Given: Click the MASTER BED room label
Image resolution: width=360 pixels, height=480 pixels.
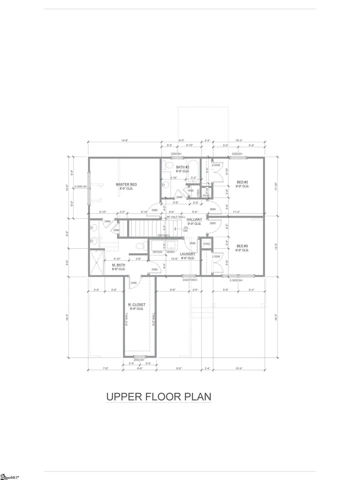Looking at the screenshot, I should point(126,184).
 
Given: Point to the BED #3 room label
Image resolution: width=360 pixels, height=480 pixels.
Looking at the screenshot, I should point(242,246).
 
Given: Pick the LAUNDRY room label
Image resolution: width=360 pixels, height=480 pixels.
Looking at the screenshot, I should point(187,254).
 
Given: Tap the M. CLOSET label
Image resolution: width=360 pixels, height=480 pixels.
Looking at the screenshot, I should point(136,305).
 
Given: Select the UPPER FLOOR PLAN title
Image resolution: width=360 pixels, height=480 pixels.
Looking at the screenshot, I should point(158,397).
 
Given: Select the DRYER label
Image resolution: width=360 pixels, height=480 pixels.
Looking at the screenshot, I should point(157,252).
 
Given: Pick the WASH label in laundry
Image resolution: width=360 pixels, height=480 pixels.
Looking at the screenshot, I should point(171,252).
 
